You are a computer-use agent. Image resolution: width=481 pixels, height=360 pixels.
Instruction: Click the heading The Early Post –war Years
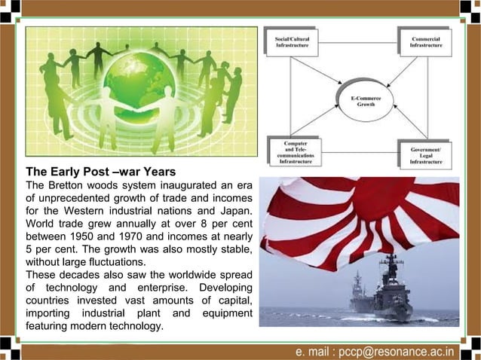click(101, 171)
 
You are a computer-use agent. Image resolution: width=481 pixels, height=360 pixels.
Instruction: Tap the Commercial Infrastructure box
click(426, 41)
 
